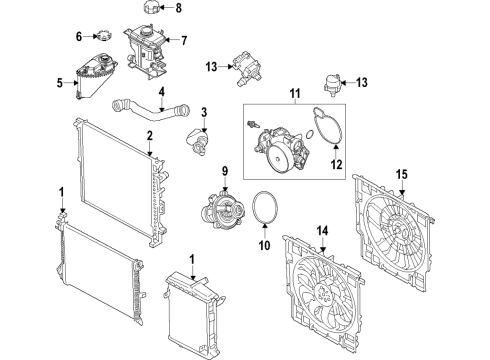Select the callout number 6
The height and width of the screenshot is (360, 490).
click(79, 36)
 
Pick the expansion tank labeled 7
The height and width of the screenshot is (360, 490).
click(147, 48)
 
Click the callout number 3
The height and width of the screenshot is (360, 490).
click(203, 111)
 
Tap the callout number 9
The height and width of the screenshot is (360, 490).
click(225, 169)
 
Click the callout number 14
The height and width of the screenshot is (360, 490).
click(322, 229)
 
